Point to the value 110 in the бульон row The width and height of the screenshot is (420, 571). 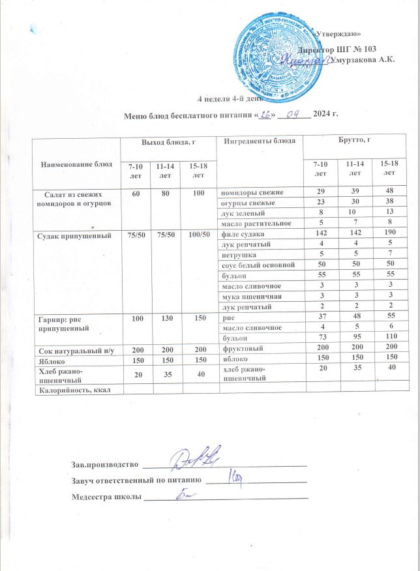390,338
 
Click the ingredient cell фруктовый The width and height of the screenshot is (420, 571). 241,349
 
